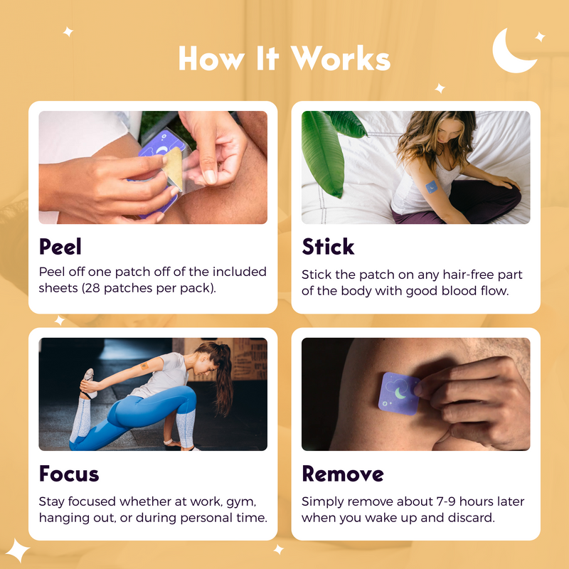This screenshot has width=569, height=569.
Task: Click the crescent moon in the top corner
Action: (x=513, y=51)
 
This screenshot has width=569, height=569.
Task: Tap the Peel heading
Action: (x=60, y=247)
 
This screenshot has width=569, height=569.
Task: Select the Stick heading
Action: (x=328, y=247)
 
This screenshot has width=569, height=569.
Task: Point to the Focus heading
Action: (x=69, y=474)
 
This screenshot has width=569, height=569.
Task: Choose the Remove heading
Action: (x=342, y=474)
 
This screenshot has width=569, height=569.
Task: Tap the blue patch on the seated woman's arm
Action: (x=432, y=186)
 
